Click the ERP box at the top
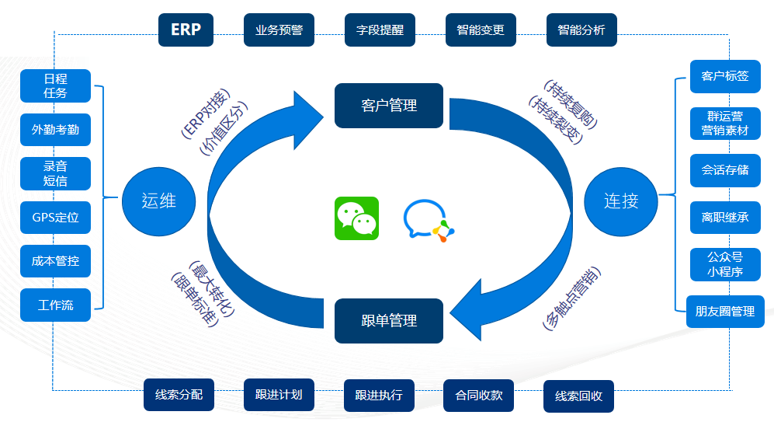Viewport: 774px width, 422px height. pos(186,30)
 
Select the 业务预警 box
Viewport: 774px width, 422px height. pos(279,30)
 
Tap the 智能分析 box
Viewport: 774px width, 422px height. pos(581,30)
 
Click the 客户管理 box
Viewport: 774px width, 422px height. pos(389,105)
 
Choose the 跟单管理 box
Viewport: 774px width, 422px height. pos(389,320)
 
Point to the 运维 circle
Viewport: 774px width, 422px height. pos(159,201)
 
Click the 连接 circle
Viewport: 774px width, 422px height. pos(621,201)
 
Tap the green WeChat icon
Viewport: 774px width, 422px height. pos(356,218)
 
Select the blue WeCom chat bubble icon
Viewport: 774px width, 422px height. pos(428,220)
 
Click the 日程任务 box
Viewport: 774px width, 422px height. pos(55,85)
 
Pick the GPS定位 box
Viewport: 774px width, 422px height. pos(55,218)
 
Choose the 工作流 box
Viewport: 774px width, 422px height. pos(55,305)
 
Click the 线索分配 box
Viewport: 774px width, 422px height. pos(179,395)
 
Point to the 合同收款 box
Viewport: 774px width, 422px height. pos(478,395)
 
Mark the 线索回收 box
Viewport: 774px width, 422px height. pos(578,396)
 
